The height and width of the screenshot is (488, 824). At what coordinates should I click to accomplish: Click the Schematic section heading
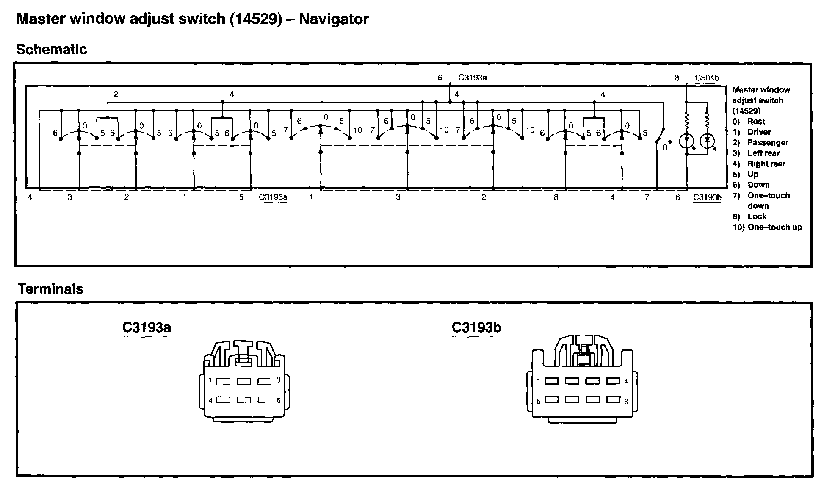(51, 50)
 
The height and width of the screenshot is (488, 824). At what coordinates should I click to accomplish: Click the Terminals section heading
(50, 289)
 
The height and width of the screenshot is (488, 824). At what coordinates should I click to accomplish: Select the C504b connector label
(707, 78)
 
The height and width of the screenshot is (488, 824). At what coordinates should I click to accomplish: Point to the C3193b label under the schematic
(707, 197)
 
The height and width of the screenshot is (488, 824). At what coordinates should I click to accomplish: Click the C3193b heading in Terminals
(476, 327)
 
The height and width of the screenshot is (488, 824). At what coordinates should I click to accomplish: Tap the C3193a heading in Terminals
(147, 327)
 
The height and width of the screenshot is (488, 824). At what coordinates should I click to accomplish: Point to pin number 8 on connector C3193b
(626, 402)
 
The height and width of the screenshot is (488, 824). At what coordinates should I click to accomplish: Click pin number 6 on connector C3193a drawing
(278, 400)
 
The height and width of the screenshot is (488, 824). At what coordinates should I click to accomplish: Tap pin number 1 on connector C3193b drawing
(539, 381)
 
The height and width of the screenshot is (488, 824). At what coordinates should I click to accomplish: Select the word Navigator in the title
(334, 19)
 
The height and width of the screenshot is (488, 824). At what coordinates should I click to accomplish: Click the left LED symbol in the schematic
(687, 140)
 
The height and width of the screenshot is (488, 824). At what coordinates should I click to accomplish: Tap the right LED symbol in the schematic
(707, 140)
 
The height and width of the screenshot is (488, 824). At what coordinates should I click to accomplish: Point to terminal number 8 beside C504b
(677, 78)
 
